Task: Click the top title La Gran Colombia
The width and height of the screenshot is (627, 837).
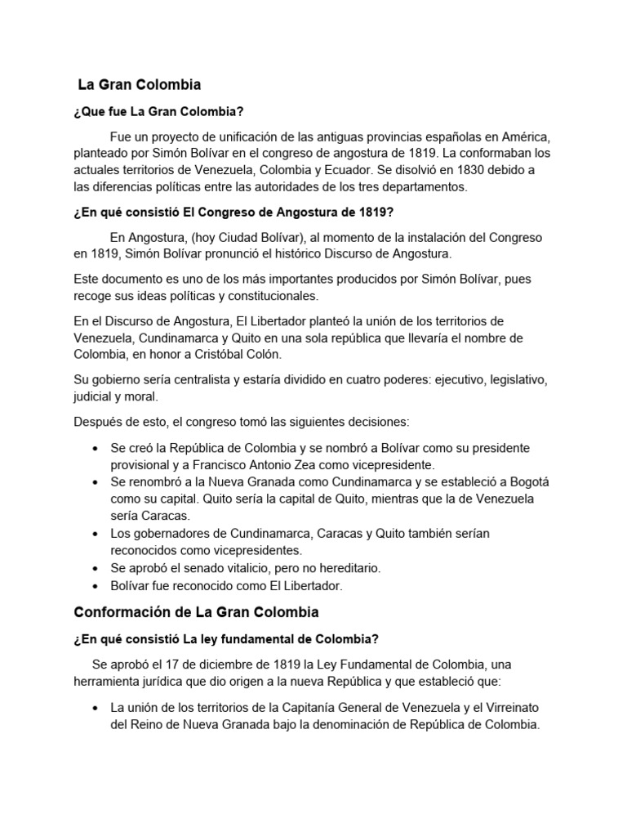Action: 139,84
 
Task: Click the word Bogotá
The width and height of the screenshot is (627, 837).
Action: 507,482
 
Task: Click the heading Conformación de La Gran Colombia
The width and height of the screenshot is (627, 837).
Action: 196,611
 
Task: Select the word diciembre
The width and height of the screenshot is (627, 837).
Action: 215,665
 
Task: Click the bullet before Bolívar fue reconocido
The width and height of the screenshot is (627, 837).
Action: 96,586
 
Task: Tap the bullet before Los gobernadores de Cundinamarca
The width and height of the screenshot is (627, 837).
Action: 96,534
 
